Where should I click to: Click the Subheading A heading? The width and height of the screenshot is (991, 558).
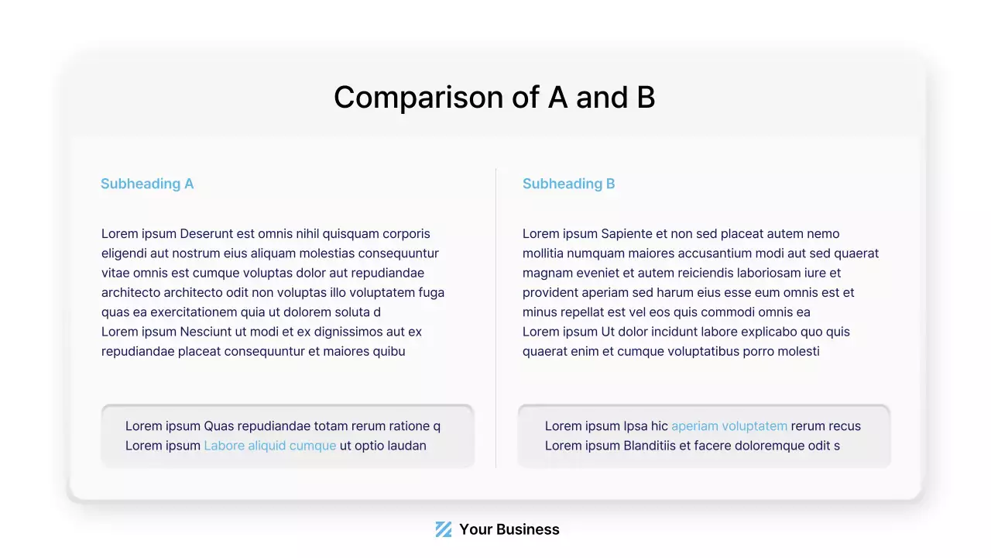click(147, 184)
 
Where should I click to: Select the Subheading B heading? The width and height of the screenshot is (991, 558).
click(568, 184)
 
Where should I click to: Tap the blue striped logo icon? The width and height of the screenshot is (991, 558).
click(443, 529)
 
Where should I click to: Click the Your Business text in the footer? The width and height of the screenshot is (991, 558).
click(509, 529)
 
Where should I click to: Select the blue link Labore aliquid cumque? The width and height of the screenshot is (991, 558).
click(269, 446)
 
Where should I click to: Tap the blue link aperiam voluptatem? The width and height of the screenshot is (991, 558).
click(729, 426)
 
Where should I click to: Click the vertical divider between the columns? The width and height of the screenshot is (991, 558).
click(495, 318)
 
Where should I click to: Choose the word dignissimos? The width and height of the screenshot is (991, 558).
click(337, 332)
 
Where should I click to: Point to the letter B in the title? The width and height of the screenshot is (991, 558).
click(646, 98)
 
